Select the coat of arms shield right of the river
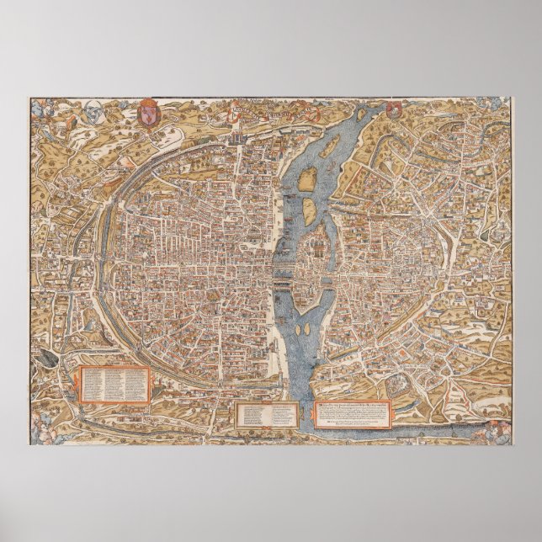tap(394, 110)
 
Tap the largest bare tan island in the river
tap(309, 177)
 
